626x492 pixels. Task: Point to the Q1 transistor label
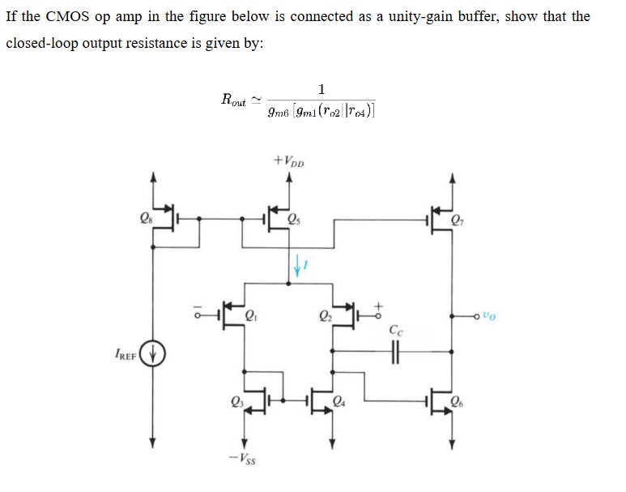(250, 316)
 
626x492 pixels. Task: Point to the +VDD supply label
(289, 160)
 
